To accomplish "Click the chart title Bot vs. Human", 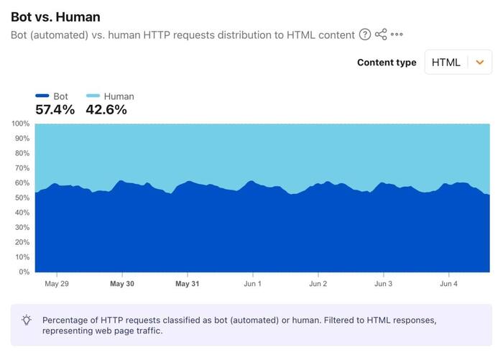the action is (x=55, y=17).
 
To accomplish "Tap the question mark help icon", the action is (x=365, y=34).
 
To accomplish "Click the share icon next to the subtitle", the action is (x=381, y=34).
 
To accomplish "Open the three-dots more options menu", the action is (x=397, y=34).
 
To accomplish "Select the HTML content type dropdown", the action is (x=458, y=63).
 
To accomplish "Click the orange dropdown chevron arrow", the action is (x=480, y=63).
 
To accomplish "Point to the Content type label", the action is (x=387, y=63).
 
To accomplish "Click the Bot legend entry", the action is (x=52, y=96).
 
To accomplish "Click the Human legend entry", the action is (x=110, y=96).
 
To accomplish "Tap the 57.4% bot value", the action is (x=55, y=110).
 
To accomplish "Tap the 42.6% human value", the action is (x=106, y=110).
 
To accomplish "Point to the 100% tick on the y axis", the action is (x=21, y=124).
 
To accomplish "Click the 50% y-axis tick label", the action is (x=22, y=198).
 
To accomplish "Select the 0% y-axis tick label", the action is (x=24, y=272).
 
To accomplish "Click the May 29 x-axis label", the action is (x=57, y=284).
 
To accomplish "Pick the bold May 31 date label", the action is (x=188, y=284).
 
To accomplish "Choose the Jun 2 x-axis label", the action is (x=318, y=284).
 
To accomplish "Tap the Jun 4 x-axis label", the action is (x=448, y=284).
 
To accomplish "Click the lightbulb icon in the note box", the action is (x=27, y=320).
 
